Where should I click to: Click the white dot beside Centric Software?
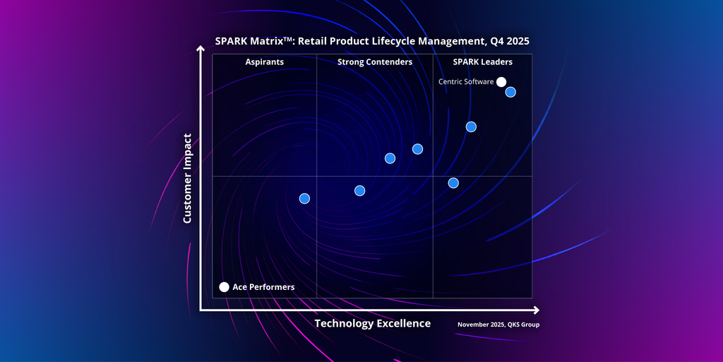click(501, 82)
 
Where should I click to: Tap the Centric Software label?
click(466, 82)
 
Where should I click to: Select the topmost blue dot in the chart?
click(510, 92)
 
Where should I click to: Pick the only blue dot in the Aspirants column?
click(304, 199)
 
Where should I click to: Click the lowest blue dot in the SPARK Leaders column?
click(453, 183)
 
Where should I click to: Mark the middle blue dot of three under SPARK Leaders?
click(471, 127)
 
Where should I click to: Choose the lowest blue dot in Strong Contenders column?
click(359, 191)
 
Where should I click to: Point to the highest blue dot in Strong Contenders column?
click(417, 149)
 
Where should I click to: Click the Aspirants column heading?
click(265, 62)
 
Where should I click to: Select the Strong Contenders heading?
click(375, 62)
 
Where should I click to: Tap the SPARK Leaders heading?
click(483, 62)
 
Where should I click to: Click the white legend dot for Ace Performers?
click(225, 287)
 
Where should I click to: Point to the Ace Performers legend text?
click(263, 287)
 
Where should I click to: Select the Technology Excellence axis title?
click(372, 324)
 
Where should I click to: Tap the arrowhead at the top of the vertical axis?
click(201, 50)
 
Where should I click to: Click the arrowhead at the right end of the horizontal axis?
click(537, 310)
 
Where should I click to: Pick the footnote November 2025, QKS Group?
click(503, 325)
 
